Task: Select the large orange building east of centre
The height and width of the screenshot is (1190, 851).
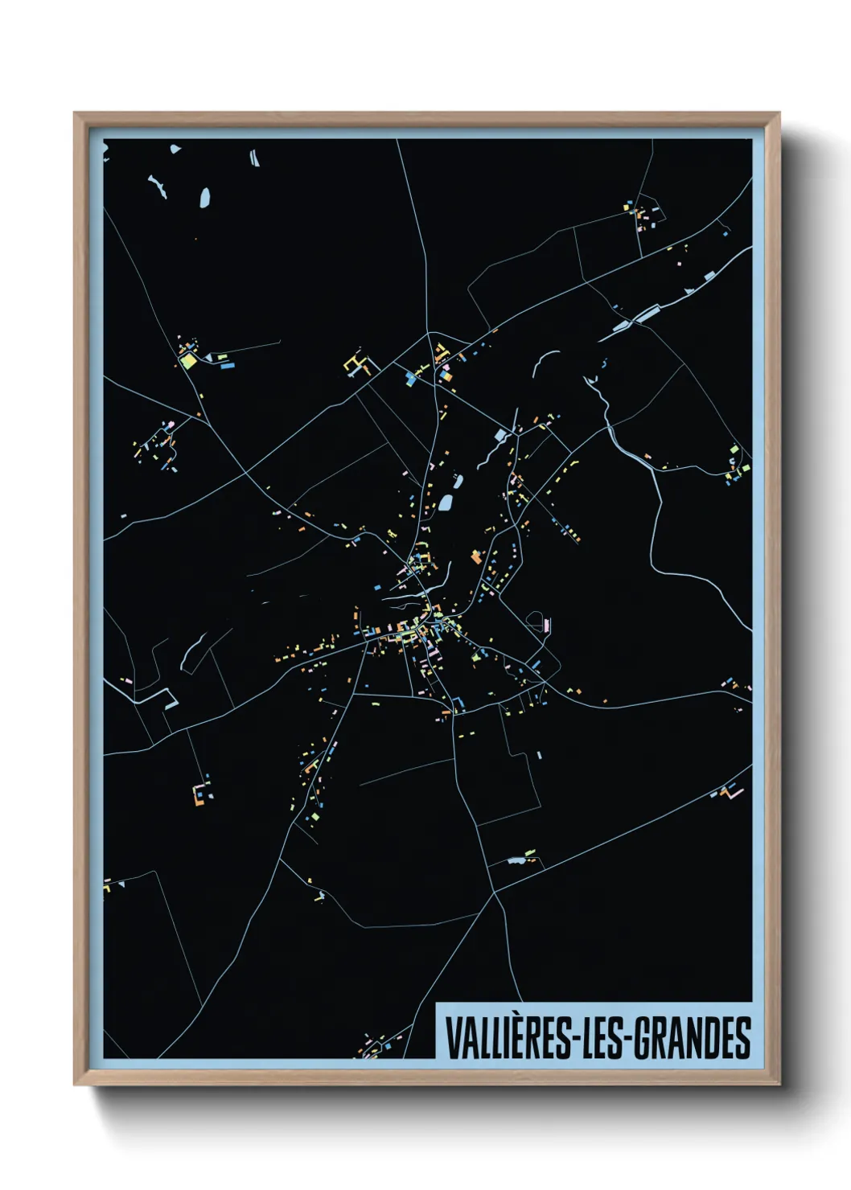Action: click(476, 556)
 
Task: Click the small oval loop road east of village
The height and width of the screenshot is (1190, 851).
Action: click(535, 620)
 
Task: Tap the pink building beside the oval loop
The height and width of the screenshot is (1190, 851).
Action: click(548, 624)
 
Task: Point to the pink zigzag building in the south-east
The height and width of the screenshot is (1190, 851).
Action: click(734, 792)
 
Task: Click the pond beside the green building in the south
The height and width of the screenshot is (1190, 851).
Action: click(516, 861)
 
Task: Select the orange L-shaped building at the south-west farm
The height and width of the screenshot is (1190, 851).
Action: click(198, 796)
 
